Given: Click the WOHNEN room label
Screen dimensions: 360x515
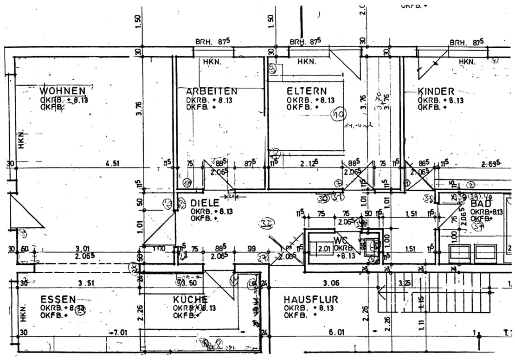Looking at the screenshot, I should click(x=62, y=90).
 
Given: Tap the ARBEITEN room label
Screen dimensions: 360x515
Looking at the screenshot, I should click(x=212, y=91).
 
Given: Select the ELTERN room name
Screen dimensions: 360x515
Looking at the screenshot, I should click(x=306, y=91).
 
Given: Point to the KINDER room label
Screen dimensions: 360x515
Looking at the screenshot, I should click(x=436, y=91).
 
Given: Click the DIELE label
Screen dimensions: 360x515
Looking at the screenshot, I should click(x=204, y=203).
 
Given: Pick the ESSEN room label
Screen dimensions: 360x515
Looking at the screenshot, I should click(x=58, y=299).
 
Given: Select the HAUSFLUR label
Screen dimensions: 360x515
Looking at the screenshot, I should click(x=311, y=300).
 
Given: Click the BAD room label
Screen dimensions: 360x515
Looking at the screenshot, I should click(x=481, y=204).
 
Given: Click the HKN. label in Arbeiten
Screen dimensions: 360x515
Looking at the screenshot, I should click(x=212, y=62).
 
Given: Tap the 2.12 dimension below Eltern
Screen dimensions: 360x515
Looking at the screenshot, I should click(x=309, y=163).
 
